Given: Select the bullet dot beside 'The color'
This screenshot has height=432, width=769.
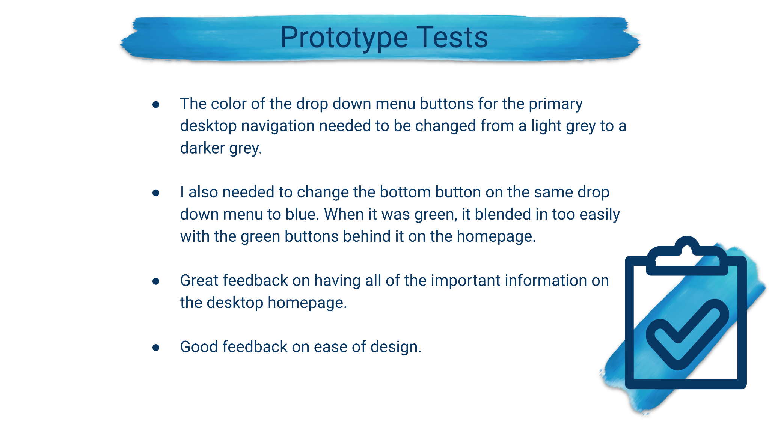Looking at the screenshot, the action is tap(156, 104).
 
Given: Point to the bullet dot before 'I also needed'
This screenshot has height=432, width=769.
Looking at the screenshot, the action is tap(156, 193).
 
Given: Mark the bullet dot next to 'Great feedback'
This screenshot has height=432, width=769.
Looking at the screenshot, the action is tap(156, 281).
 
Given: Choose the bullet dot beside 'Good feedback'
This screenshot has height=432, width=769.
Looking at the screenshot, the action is tap(156, 348).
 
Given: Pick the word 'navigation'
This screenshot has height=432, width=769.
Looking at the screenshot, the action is tap(278, 126).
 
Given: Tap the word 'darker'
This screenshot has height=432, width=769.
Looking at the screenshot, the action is tap(202, 148).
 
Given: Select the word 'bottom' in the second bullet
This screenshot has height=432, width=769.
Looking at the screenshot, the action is tap(405, 192).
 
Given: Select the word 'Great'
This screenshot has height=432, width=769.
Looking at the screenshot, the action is tap(199, 280).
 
